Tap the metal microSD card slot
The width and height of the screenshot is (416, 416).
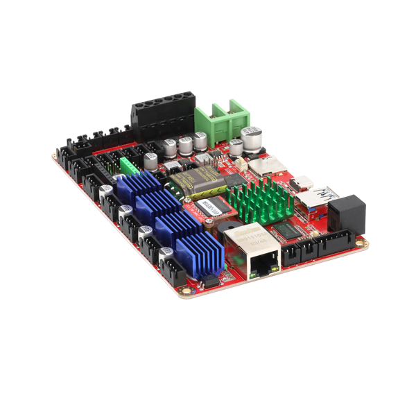pyautogui.click(x=263, y=166)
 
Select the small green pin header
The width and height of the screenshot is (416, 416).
pyautogui.click(x=129, y=166)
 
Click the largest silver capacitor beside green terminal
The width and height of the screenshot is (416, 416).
pyautogui.click(x=251, y=137)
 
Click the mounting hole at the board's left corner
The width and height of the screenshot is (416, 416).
pyautogui.click(x=55, y=157)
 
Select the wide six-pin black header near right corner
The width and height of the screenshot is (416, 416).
pyautogui.click(x=333, y=243)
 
